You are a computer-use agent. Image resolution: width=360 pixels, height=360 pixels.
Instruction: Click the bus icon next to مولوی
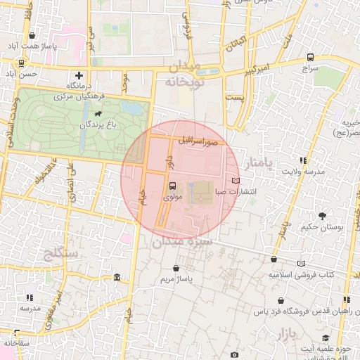pos(173,186)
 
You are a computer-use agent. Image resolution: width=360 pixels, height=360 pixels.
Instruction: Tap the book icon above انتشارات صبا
pos(236,181)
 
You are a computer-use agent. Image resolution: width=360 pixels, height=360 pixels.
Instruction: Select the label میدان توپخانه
pos(184,74)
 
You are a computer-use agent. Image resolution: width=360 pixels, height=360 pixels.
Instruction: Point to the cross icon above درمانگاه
pos(79,75)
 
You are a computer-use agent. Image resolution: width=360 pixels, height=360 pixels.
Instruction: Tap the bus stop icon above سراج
pos(310,58)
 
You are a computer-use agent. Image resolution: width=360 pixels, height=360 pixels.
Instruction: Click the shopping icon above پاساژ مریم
pos(176,269)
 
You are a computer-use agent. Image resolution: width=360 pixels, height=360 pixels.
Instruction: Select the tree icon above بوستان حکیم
pos(323,216)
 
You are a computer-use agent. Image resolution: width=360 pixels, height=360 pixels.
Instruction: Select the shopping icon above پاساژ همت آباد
pos(32,35)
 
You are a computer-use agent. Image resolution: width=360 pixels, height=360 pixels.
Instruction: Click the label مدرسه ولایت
pos(303,171)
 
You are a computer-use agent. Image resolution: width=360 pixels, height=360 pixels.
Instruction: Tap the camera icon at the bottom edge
pos(234,355)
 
